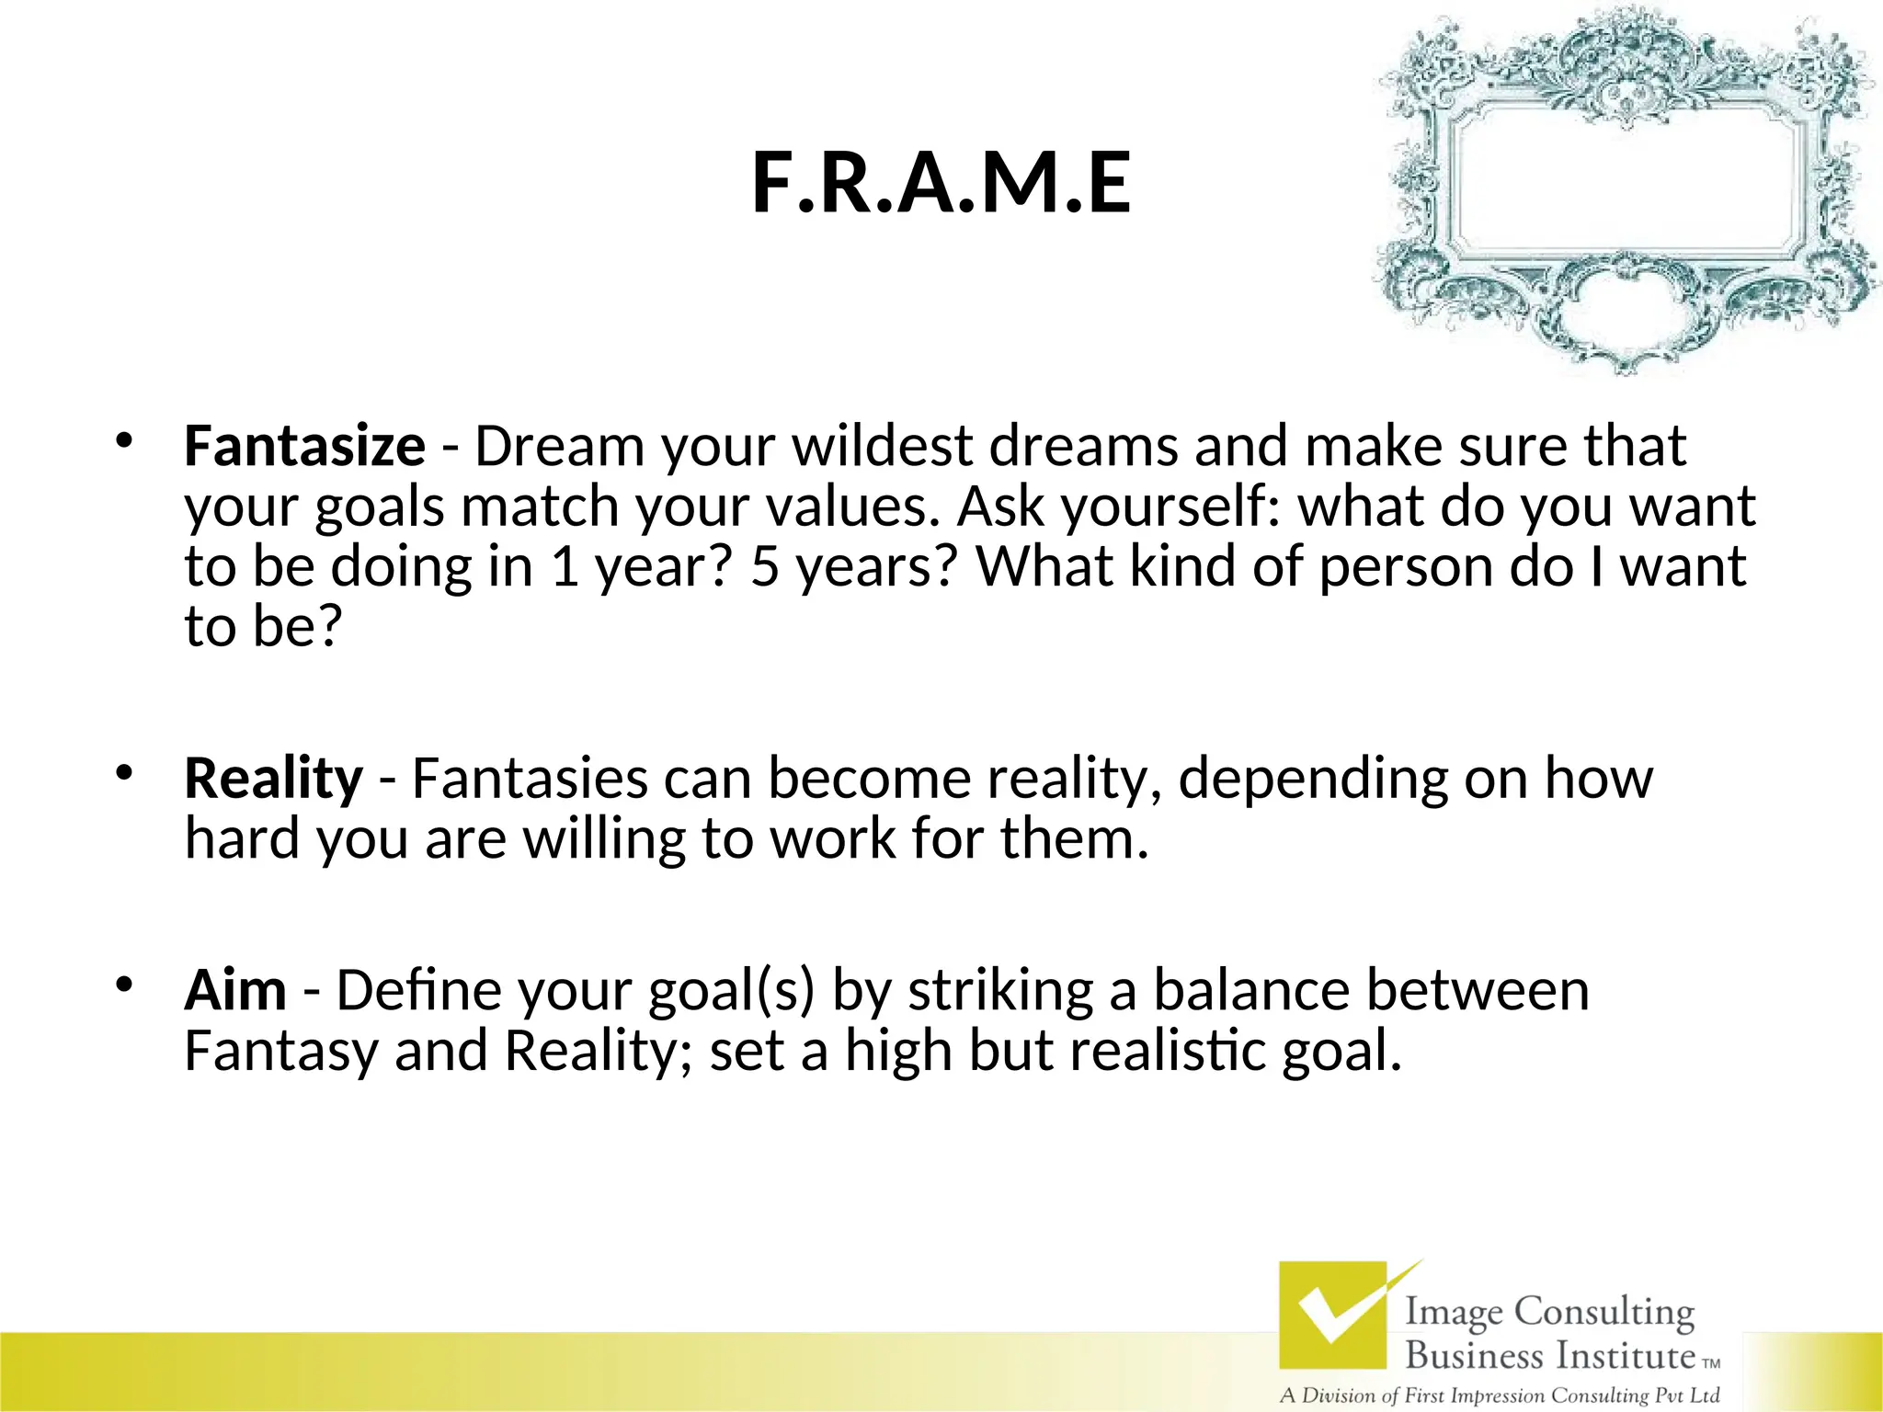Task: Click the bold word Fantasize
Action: pos(304,447)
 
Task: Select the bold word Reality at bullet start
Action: pos(273,779)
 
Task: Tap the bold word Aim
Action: pos(235,991)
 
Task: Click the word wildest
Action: pos(882,447)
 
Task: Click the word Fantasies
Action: pos(530,779)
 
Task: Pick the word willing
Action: pos(603,839)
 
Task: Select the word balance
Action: pos(1250,991)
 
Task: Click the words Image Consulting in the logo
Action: pos(1549,1312)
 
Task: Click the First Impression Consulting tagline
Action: pos(1500,1395)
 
